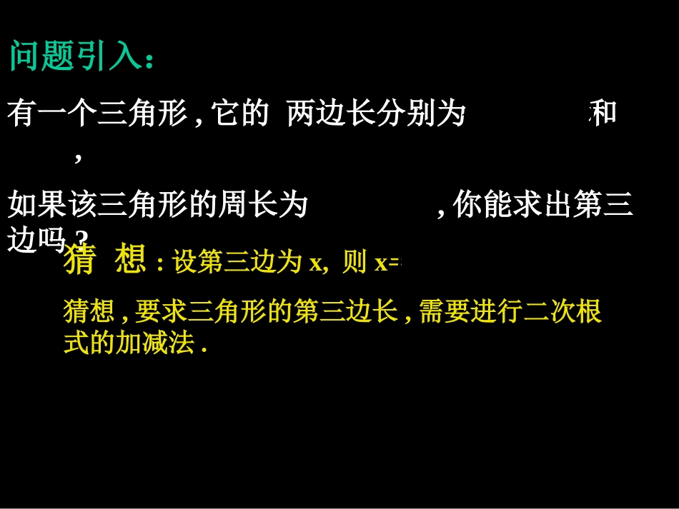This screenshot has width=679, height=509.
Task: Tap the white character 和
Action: [604, 114]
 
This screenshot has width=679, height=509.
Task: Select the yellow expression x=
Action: [388, 263]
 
